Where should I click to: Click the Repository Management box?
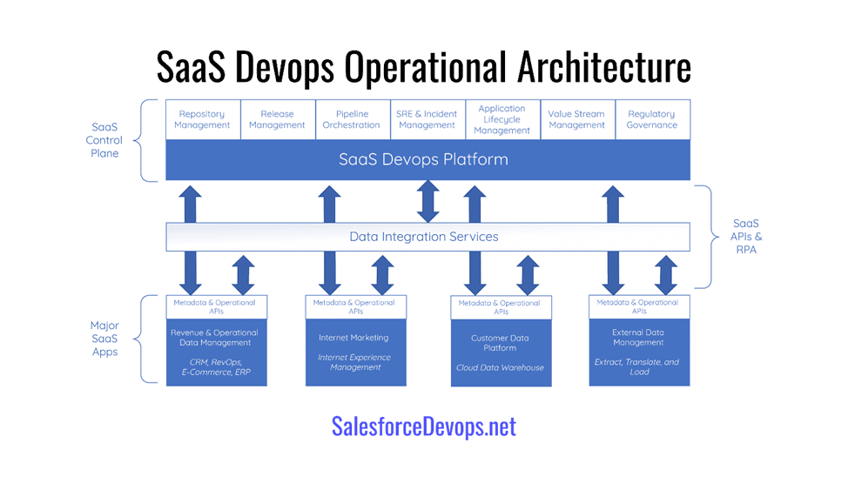(x=203, y=119)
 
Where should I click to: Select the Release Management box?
(x=278, y=119)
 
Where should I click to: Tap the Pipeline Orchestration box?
(x=352, y=119)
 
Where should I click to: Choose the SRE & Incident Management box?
(x=427, y=119)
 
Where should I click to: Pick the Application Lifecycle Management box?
(x=502, y=119)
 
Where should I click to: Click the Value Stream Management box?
(x=577, y=119)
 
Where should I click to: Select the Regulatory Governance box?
(x=653, y=119)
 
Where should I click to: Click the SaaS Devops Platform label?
(x=423, y=159)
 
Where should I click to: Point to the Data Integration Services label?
(x=424, y=237)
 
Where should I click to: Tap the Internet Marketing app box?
(x=356, y=352)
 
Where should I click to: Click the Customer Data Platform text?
(x=501, y=343)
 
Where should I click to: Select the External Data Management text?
(x=639, y=338)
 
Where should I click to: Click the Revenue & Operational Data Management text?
(x=215, y=338)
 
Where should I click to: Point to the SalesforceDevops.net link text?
(x=424, y=427)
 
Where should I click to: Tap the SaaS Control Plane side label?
(x=104, y=140)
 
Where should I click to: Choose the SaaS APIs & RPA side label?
(x=746, y=237)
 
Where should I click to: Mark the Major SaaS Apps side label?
(x=105, y=339)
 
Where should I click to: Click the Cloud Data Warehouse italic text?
(x=501, y=367)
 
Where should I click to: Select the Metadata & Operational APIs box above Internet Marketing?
(x=356, y=306)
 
